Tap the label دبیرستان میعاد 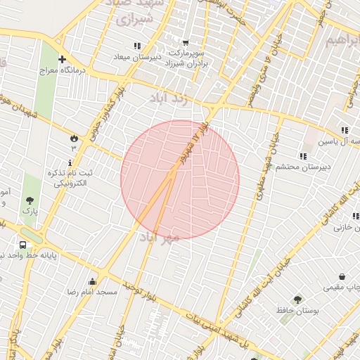click(138, 56)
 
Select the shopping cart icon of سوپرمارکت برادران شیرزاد click(185, 43)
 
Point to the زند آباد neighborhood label click(170, 99)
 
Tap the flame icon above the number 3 click(73, 137)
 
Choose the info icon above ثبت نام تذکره click(70, 162)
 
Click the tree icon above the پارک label click(30, 199)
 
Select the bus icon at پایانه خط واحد click(23, 245)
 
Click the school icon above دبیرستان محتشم click(302, 156)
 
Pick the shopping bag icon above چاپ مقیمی click(342, 276)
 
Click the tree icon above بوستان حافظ click(297, 300)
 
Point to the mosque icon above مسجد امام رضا click(91, 281)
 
